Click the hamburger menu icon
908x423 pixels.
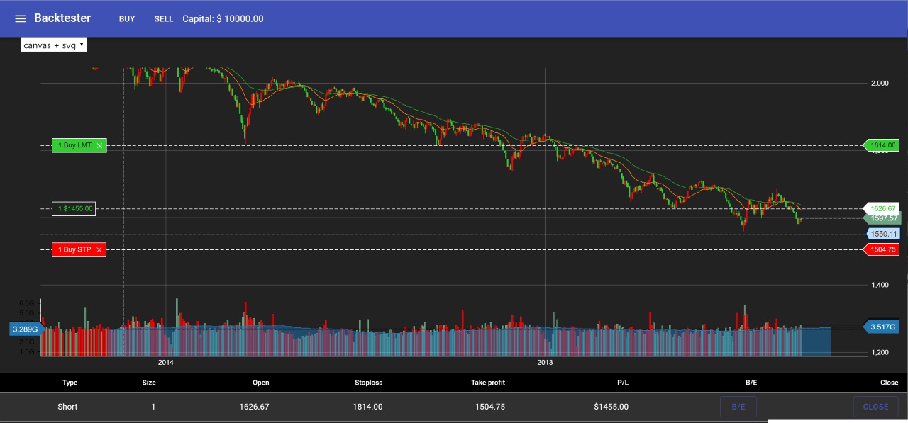(x=20, y=18)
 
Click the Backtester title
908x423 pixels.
(x=65, y=18)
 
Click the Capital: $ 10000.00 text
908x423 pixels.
(x=223, y=18)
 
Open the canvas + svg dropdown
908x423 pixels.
(x=54, y=45)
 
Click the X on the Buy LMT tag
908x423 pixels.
(x=99, y=146)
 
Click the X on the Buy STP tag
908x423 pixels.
(x=99, y=249)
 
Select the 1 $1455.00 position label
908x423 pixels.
(x=74, y=208)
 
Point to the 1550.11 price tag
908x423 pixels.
(x=884, y=234)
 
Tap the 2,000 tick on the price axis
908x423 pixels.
(x=880, y=83)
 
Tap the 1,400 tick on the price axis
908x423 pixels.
(x=880, y=285)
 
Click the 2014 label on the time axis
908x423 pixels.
(x=166, y=363)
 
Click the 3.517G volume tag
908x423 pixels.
(x=882, y=327)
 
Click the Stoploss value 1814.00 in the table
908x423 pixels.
(x=369, y=407)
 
